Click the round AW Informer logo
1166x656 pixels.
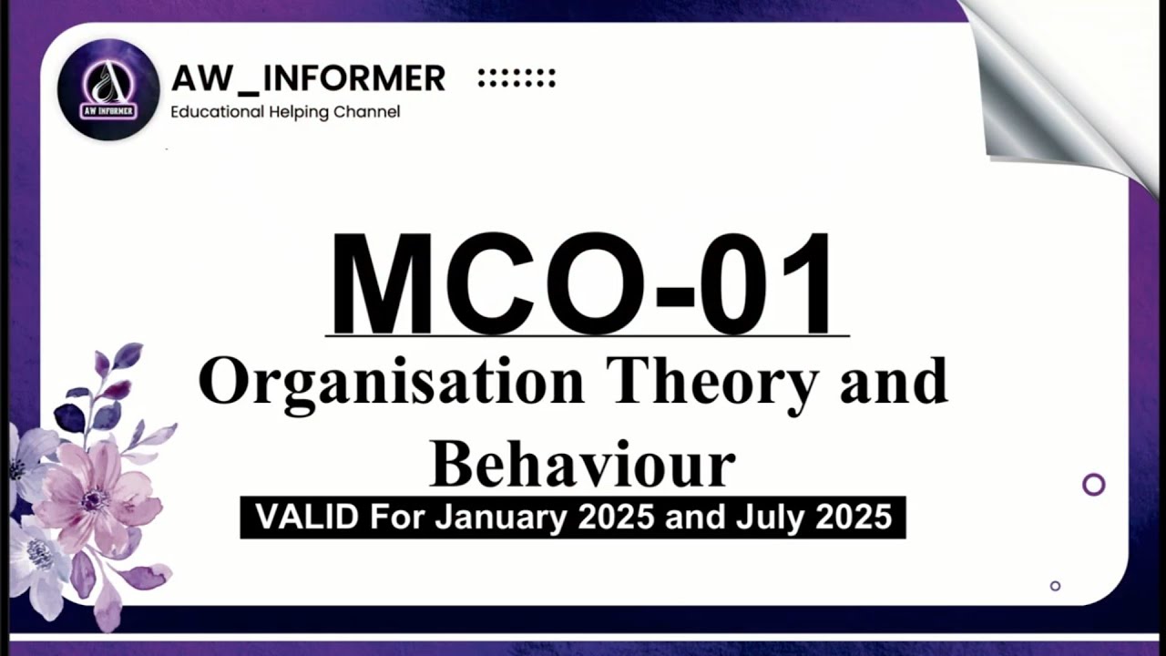tap(108, 89)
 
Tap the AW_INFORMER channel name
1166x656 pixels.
tap(308, 79)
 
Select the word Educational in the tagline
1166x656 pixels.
tap(216, 112)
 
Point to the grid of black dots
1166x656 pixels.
tap(517, 78)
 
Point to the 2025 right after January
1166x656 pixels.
tap(615, 518)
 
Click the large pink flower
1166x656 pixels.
tap(96, 497)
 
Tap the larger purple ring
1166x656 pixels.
tap(1093, 485)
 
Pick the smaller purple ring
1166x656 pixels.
tap(1055, 586)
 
